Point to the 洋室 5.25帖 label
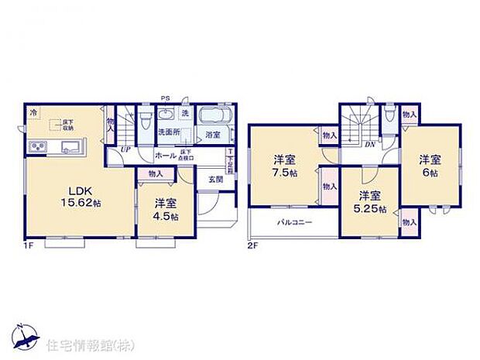click(x=369, y=201)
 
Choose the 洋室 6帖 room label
click(x=430, y=166)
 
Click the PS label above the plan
click(x=164, y=98)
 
